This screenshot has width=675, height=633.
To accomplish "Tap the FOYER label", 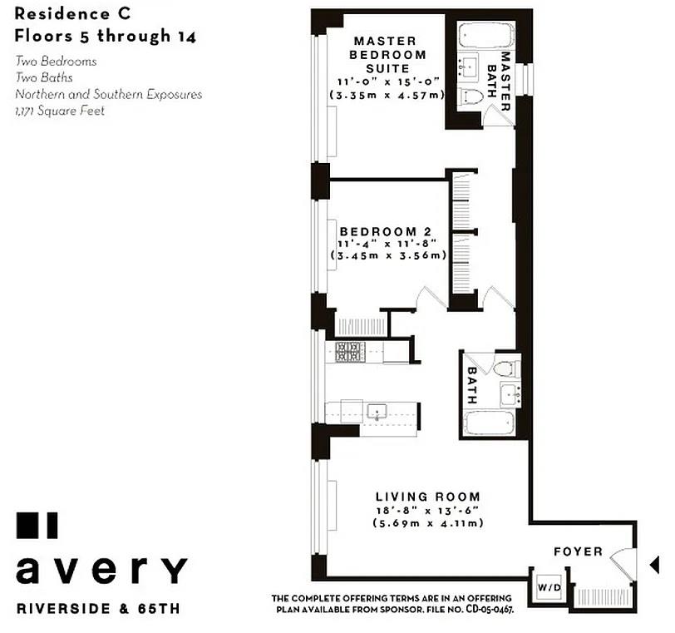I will point(579,551).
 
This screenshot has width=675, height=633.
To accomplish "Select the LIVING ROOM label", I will point(427,497).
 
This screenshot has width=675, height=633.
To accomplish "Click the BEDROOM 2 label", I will point(388,231).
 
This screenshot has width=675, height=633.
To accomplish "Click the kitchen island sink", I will point(377,411).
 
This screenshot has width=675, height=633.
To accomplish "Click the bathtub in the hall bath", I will point(491,422).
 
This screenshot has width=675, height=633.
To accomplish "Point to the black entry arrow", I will point(653,566).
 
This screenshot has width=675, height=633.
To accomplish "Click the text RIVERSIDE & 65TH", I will point(98,608).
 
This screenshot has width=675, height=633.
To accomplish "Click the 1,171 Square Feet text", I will point(60,111).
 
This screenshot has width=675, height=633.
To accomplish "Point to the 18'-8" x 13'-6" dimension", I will point(428,511).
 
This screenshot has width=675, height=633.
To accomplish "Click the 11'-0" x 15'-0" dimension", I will point(389,82).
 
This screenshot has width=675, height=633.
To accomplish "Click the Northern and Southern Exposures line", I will point(108,94).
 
